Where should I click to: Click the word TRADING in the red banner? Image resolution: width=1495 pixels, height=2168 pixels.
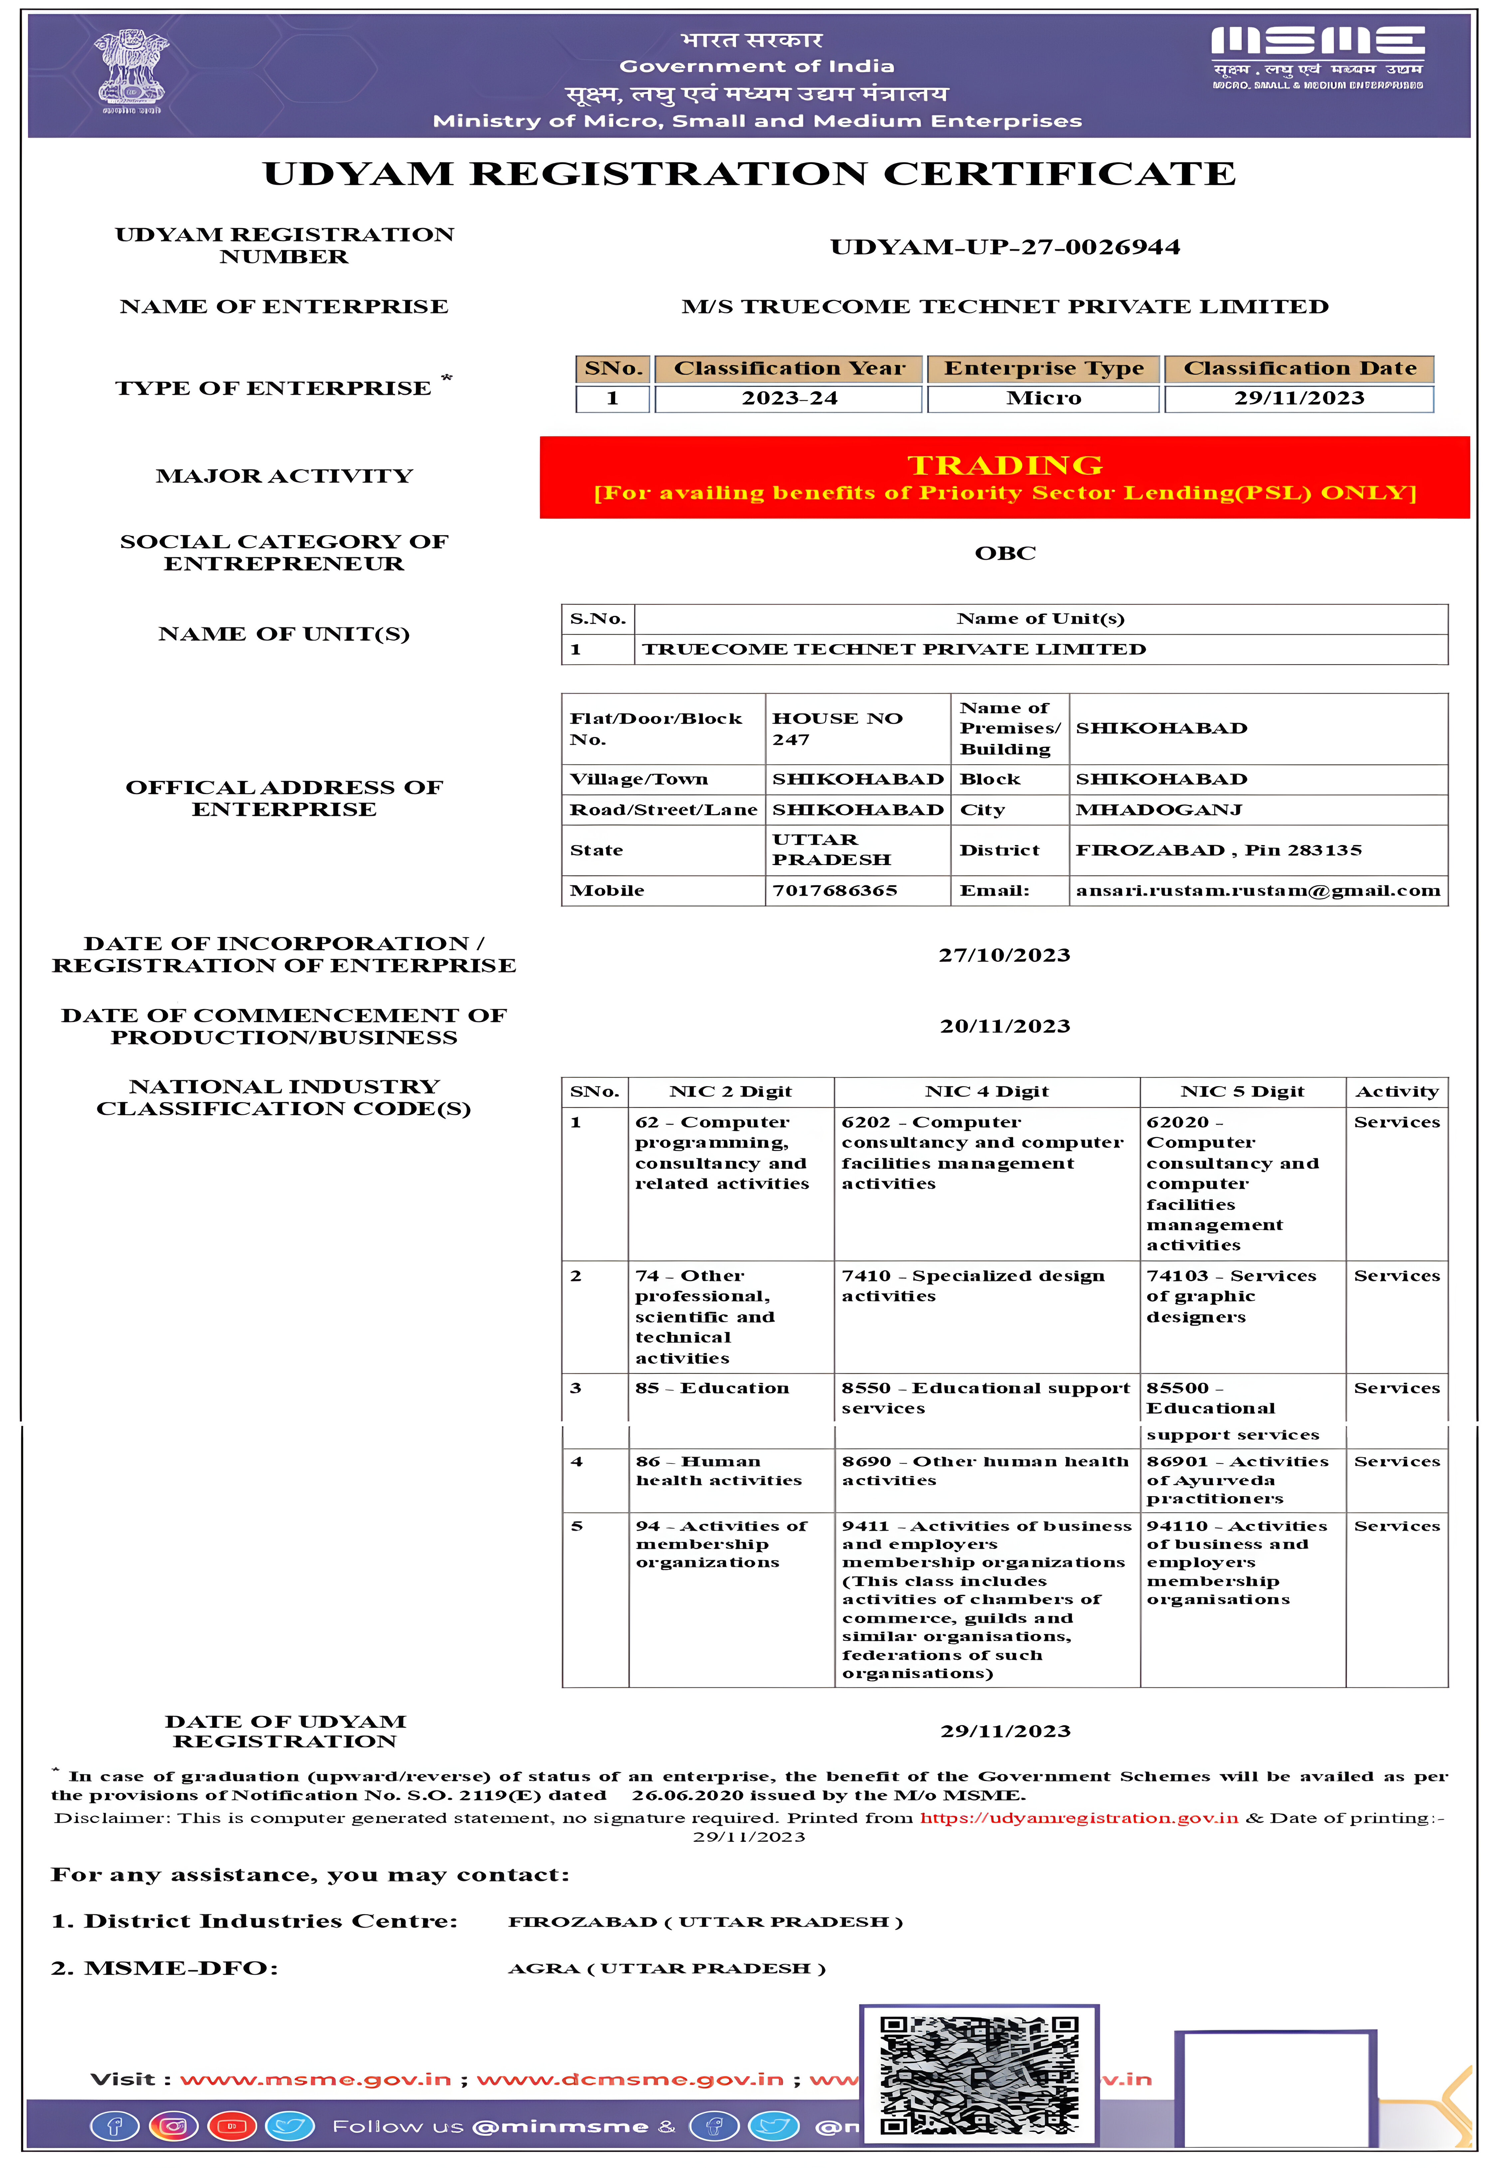tap(1005, 465)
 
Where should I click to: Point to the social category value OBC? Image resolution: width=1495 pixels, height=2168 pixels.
tap(1005, 553)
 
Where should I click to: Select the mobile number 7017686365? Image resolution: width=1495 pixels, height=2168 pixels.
tap(835, 891)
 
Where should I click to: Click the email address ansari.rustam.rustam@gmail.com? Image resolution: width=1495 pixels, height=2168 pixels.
tap(1257, 891)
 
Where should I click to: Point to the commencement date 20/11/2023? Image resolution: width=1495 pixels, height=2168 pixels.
tap(1005, 1026)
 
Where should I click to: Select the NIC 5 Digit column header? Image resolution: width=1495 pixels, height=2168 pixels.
tap(1242, 1092)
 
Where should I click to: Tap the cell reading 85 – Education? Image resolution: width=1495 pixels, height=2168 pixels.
tap(712, 1388)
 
